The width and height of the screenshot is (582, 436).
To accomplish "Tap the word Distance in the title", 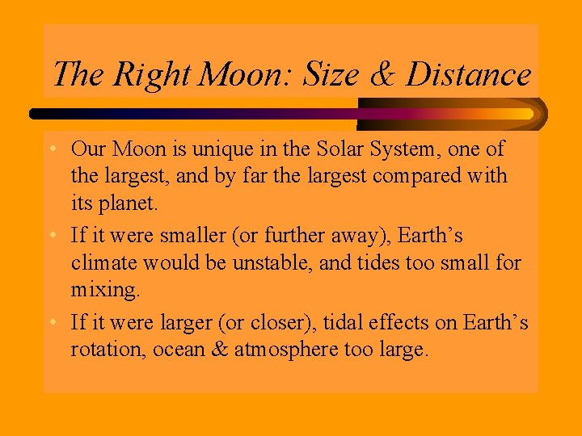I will (x=468, y=74).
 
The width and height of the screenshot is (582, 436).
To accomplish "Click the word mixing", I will (x=101, y=289).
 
